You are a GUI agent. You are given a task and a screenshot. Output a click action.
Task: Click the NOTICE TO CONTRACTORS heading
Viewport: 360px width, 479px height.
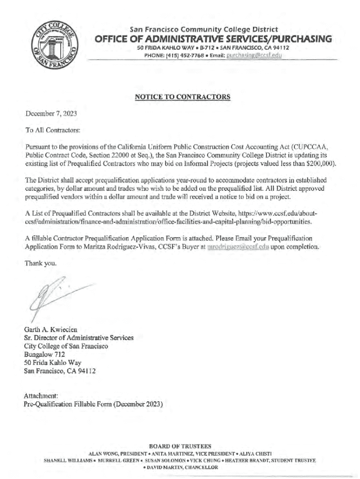[x=182, y=97]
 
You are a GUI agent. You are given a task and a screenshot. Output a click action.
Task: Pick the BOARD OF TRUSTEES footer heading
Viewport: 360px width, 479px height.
[x=180, y=446]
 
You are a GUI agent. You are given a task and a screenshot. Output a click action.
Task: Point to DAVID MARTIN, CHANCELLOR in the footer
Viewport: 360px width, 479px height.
[x=180, y=467]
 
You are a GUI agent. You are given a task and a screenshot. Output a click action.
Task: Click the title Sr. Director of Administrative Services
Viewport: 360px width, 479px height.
[x=79, y=337]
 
